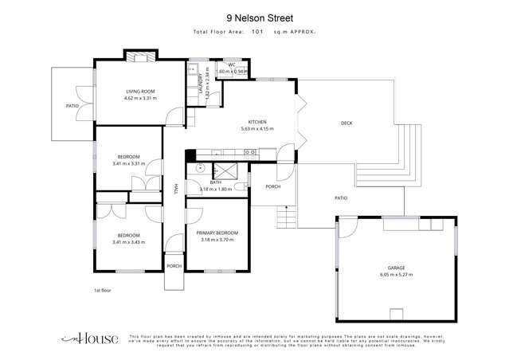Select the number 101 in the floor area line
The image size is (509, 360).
tap(257, 32)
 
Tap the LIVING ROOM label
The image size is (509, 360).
tap(139, 92)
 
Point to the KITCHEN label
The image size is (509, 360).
tap(256, 122)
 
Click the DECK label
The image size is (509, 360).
tap(346, 122)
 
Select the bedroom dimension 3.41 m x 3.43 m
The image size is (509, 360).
tap(128, 241)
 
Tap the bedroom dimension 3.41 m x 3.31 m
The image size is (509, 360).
tap(128, 163)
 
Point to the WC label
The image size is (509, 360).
tap(231, 65)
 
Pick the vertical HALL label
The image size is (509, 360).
tap(175, 189)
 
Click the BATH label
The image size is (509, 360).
tap(215, 182)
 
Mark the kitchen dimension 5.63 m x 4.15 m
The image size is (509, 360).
tap(256, 128)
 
